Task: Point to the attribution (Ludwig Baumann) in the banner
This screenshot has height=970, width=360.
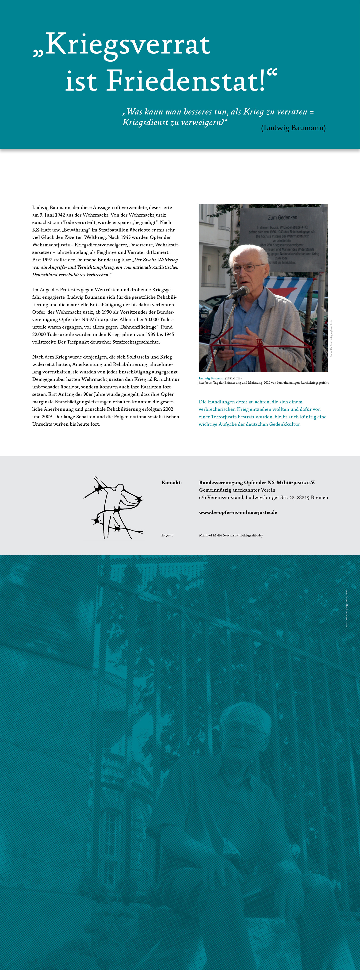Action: [x=293, y=128]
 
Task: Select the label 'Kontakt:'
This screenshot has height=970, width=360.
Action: [x=171, y=482]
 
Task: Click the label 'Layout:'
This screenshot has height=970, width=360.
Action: [x=168, y=535]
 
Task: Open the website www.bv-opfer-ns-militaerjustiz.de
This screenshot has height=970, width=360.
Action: [x=238, y=512]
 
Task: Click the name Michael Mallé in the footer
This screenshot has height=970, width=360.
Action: [x=211, y=535]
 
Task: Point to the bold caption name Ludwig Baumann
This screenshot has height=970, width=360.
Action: [x=211, y=378]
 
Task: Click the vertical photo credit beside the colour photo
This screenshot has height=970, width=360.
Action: [x=331, y=338]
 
